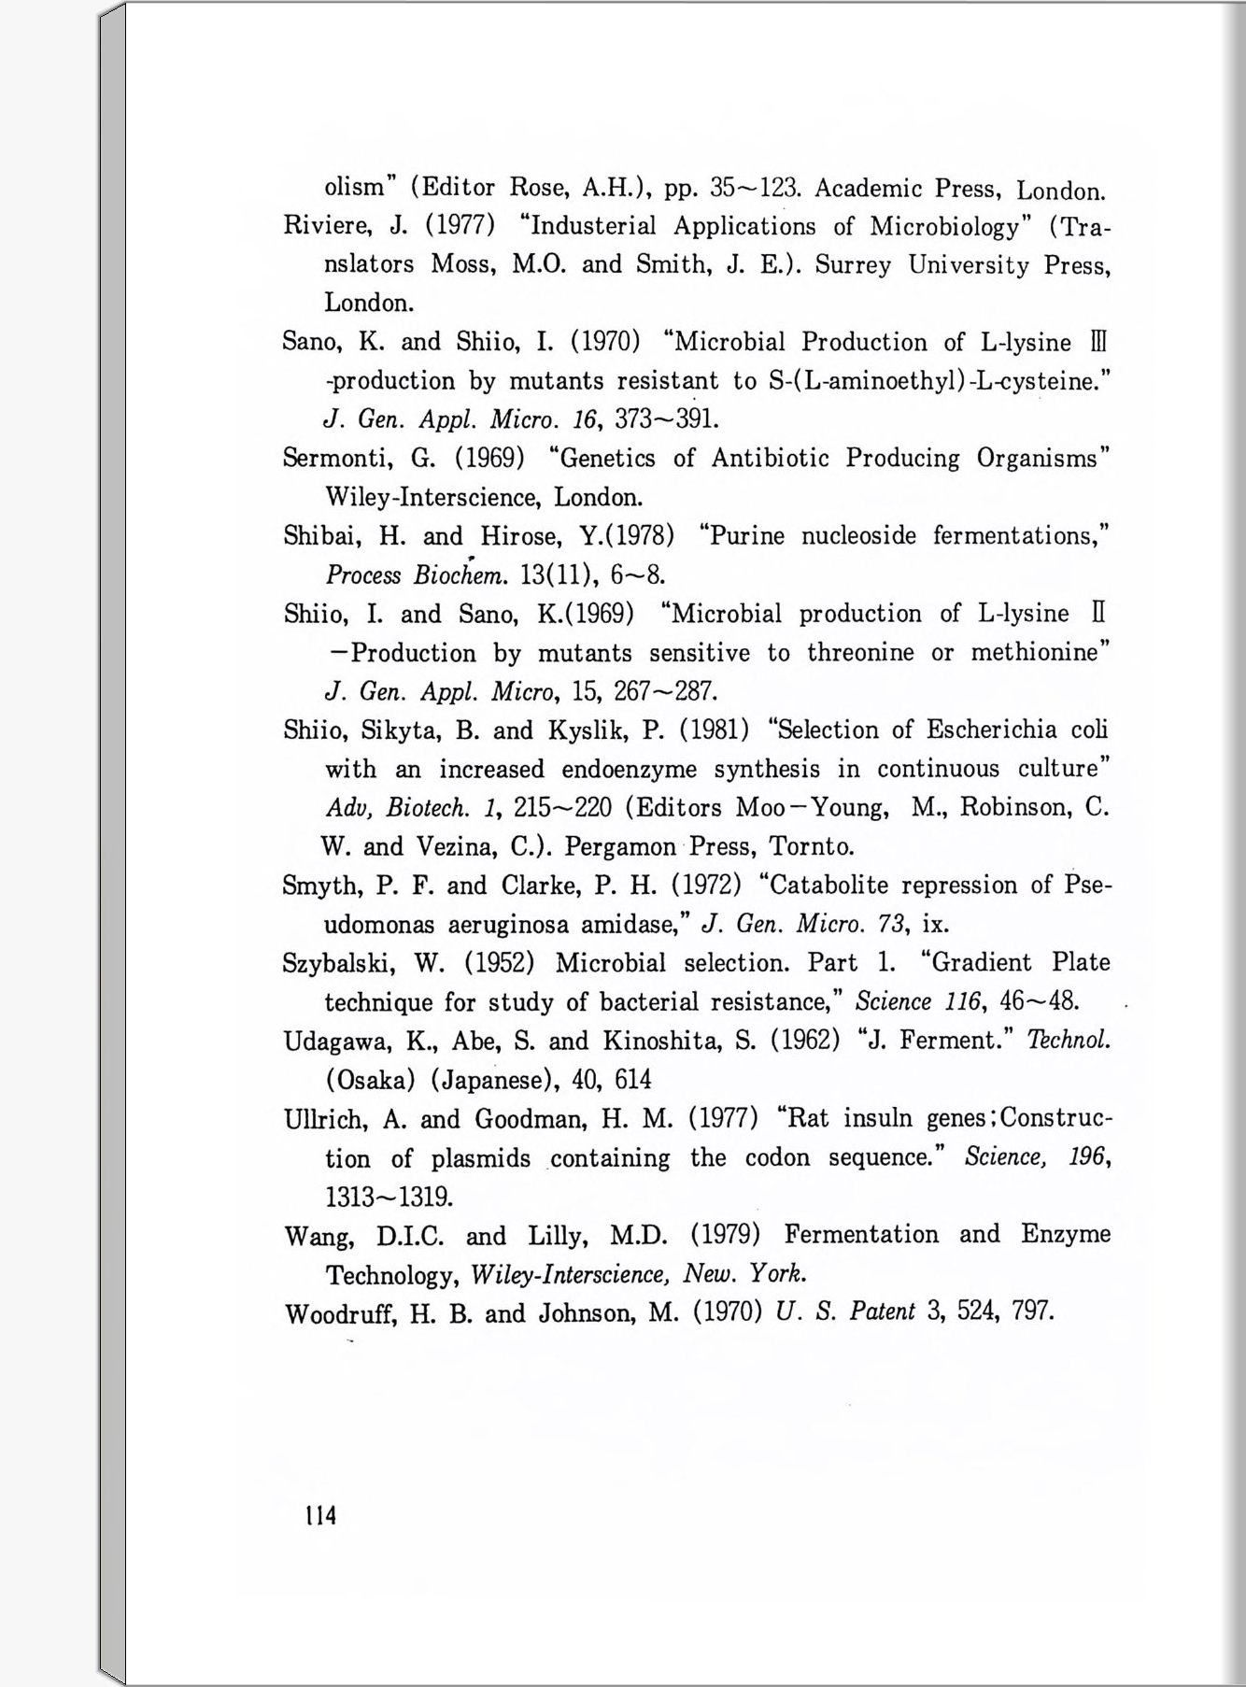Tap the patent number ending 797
click(x=1032, y=1312)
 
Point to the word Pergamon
click(x=620, y=847)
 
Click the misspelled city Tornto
click(x=812, y=847)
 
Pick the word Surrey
click(x=853, y=265)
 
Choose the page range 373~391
click(x=666, y=418)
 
